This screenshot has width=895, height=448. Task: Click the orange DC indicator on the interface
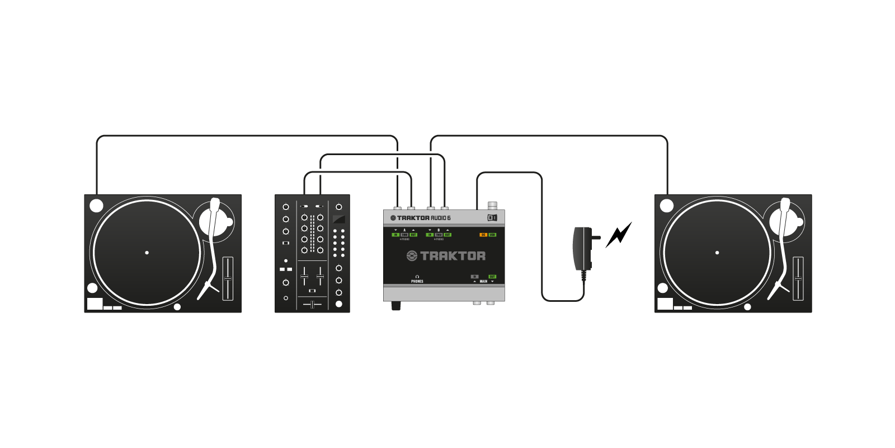pos(483,235)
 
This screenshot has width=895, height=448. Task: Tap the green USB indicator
pos(492,235)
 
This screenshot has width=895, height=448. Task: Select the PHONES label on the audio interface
pos(417,281)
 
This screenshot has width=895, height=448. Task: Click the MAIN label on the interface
pos(483,281)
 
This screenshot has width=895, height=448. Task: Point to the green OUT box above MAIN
pos(492,277)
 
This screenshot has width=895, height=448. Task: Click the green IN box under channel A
pos(395,235)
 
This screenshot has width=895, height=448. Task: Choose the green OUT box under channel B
pos(447,235)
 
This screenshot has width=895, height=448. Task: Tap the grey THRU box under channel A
pos(404,235)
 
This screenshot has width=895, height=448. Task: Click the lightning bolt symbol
pos(619,234)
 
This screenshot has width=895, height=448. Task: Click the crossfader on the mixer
pos(312,304)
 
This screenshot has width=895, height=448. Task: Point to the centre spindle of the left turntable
pos(147,253)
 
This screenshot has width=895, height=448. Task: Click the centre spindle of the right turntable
pos(718,253)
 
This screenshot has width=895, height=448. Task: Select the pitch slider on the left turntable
pos(228,278)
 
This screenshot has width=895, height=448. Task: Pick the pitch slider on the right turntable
pos(798,278)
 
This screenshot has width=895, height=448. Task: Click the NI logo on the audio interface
pos(492,218)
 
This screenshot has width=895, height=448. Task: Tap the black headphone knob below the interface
pos(397,306)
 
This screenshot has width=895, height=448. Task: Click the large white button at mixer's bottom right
pos(338,304)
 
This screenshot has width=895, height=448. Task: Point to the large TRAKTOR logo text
pos(446,256)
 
